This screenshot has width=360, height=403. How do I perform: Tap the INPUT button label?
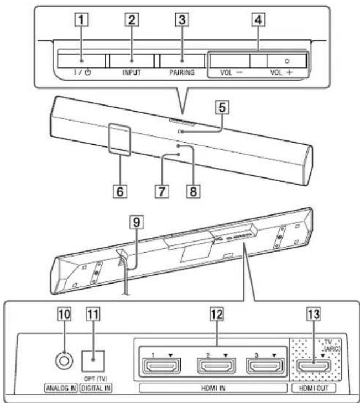click(x=132, y=72)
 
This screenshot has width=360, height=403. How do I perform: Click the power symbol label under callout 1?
click(x=81, y=72)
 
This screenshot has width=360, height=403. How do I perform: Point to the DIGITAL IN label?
click(x=96, y=389)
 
